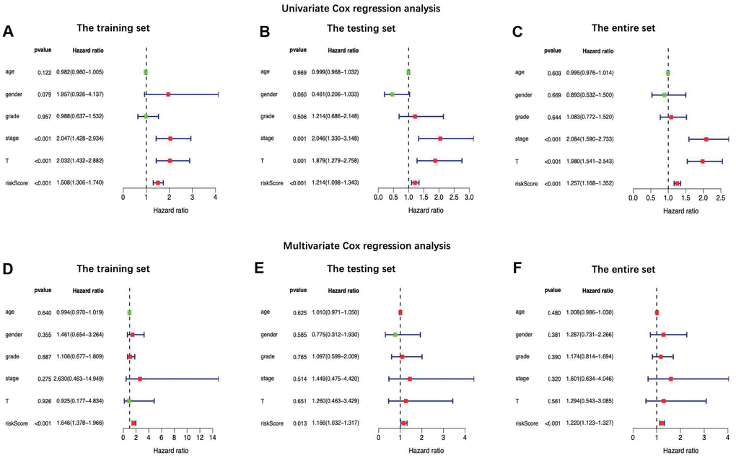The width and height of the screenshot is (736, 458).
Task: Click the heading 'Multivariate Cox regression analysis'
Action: [x=368, y=246]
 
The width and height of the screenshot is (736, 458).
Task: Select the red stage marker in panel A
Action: [x=170, y=138]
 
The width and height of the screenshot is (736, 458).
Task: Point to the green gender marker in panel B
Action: [x=392, y=94]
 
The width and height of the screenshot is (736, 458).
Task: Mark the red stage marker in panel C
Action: [x=706, y=138]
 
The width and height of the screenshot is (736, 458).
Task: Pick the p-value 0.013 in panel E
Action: [x=299, y=423]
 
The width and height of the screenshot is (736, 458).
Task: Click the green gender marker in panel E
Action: [x=395, y=335]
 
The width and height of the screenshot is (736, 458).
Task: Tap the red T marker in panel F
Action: [x=663, y=401]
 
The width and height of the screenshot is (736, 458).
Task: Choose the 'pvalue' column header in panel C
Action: [x=553, y=51]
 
